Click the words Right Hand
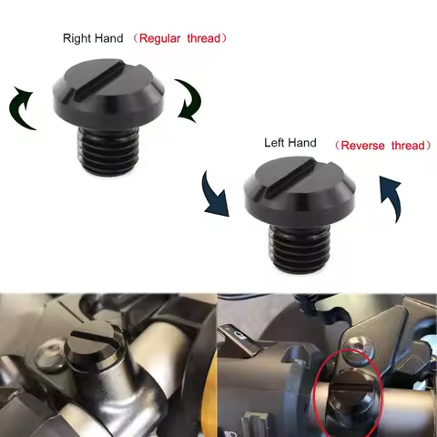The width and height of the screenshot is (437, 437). [x=93, y=38]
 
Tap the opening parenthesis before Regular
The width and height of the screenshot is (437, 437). [x=134, y=38]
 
